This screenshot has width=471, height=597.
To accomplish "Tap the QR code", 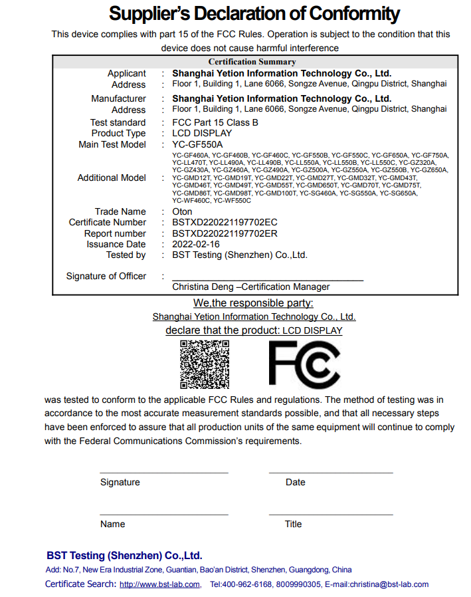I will point(205,364).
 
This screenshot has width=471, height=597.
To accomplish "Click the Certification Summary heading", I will point(252,62).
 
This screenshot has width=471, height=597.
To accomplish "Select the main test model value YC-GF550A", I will point(197,144).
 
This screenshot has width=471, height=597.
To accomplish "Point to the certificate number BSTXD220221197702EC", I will point(225,222).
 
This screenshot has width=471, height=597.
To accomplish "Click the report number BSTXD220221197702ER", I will point(225,233).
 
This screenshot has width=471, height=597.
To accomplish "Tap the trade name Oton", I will point(182,211).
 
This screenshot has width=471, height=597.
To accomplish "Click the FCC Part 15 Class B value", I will point(215,122).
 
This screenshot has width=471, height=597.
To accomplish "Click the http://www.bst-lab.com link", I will point(159,584).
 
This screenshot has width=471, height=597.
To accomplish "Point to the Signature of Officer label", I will point(106,276).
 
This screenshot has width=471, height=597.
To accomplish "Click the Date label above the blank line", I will point(296,482).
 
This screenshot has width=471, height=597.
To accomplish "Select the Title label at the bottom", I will point(294,524).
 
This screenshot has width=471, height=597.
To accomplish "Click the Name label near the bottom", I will point(113,524).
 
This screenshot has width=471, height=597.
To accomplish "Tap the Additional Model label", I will point(112,178).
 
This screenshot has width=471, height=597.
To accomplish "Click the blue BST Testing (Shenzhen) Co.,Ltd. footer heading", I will point(124,555).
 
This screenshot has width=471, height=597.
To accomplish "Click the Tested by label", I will point(126,255).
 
